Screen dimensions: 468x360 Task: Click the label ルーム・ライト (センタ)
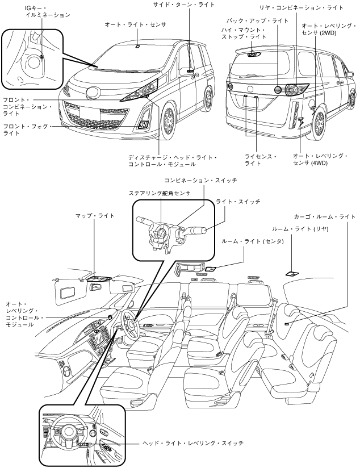pyautogui.click(x=250, y=242)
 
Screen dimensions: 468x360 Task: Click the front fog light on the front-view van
pyautogui.click(x=143, y=126)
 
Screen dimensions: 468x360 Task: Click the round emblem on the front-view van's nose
pyautogui.click(x=92, y=95)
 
